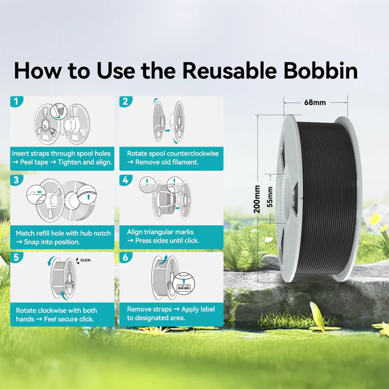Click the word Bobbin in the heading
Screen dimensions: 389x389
320,71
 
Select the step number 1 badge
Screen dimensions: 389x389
16,102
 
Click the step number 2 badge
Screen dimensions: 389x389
126,102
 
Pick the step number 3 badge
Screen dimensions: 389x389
16,180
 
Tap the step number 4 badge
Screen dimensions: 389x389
126,180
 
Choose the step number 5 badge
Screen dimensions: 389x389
16,258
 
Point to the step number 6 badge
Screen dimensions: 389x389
126,258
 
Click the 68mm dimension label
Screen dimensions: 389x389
315,102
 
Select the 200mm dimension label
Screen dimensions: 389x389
257,199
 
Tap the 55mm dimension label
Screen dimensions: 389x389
270,197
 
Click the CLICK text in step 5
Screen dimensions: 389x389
85,260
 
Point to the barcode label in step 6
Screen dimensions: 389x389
184,288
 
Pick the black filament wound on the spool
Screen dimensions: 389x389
325,198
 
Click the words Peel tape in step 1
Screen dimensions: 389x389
34,162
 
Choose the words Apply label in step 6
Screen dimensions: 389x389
198,309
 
